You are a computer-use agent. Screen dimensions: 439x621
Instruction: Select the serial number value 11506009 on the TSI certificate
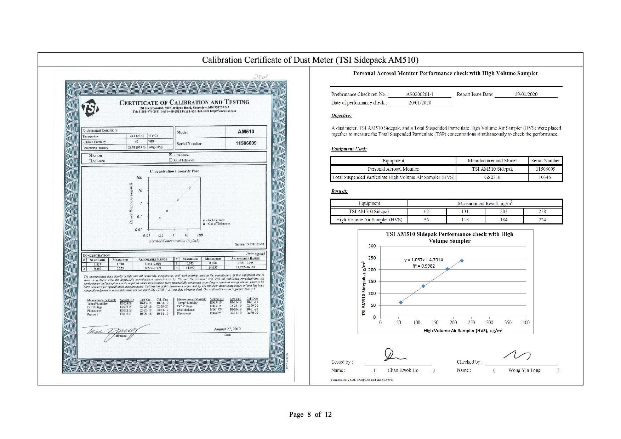click(x=246, y=143)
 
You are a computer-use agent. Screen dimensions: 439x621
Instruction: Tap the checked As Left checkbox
click(x=90, y=156)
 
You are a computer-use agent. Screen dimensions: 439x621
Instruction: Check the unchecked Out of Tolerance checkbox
click(x=171, y=160)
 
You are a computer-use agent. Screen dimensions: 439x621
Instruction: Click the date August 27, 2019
click(x=227, y=329)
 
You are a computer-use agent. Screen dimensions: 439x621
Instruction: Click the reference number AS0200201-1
click(x=420, y=94)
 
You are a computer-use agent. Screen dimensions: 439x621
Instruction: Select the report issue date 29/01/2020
click(x=526, y=94)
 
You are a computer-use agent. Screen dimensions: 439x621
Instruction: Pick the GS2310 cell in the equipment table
click(x=492, y=177)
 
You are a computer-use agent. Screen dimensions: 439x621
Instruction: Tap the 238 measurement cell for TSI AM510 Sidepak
click(x=542, y=211)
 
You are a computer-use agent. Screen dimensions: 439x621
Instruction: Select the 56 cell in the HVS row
click(x=426, y=219)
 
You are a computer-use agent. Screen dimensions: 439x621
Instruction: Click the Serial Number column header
click(x=545, y=160)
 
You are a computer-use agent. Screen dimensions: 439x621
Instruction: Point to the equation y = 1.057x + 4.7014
click(x=423, y=260)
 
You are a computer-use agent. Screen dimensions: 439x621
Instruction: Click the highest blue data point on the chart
click(x=462, y=261)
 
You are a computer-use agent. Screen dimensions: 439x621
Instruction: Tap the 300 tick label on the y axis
click(x=372, y=246)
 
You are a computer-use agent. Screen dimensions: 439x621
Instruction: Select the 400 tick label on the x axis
click(x=526, y=323)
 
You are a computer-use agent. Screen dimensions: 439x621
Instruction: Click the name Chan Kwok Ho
click(x=403, y=370)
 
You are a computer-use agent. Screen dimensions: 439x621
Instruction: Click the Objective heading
click(x=341, y=115)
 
